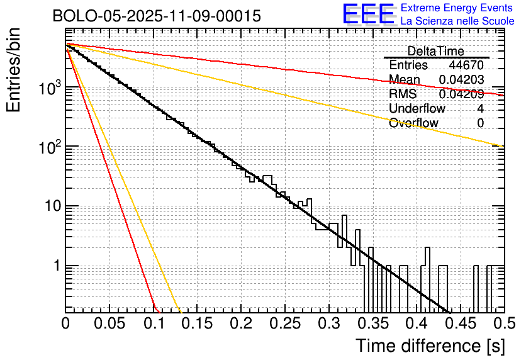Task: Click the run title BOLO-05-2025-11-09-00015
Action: [x=157, y=16]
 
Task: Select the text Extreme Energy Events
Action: [x=457, y=8]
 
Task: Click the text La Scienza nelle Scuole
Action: [x=457, y=21]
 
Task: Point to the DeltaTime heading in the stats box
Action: [x=435, y=51]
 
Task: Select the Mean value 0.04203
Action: [x=461, y=80]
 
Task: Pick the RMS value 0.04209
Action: [x=461, y=94]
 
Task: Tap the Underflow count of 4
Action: [x=480, y=109]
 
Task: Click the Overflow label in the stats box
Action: [x=413, y=123]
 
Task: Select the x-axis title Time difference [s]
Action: [x=430, y=346]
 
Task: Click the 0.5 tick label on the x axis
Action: [x=503, y=324]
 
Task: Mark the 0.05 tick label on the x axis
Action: [x=109, y=324]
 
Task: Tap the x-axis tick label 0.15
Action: [x=197, y=324]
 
